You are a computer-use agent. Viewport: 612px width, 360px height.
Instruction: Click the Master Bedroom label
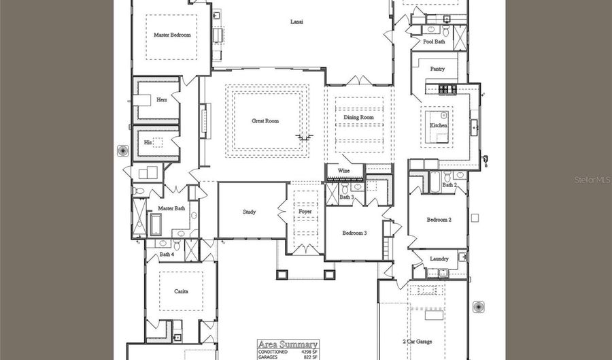coord(172,35)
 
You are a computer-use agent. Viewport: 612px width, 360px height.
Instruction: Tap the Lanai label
coord(296,22)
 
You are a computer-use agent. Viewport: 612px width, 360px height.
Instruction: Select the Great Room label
coord(265,121)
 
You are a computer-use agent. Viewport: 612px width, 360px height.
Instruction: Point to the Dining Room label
coord(358,118)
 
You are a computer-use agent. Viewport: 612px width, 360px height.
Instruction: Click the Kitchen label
coord(438,126)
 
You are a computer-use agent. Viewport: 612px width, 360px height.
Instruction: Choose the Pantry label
coord(438,69)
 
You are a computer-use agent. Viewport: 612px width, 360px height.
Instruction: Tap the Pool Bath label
coord(433,42)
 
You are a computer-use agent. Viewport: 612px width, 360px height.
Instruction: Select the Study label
coord(250,212)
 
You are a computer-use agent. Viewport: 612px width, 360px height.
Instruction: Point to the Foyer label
coord(305,212)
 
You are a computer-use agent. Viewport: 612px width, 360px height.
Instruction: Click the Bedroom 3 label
coord(354,233)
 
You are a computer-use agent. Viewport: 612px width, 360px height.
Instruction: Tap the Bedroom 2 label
coord(439,220)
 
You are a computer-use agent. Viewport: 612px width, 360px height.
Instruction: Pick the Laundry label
coord(439,259)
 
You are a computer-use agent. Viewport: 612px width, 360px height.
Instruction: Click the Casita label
coord(181,291)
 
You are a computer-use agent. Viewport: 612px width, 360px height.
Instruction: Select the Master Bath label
coord(171,208)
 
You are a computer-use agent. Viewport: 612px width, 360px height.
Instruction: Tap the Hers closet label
coord(162,99)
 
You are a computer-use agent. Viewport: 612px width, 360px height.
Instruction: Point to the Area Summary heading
coord(279,344)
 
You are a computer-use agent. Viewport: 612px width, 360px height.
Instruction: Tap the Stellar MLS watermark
coord(592,180)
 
